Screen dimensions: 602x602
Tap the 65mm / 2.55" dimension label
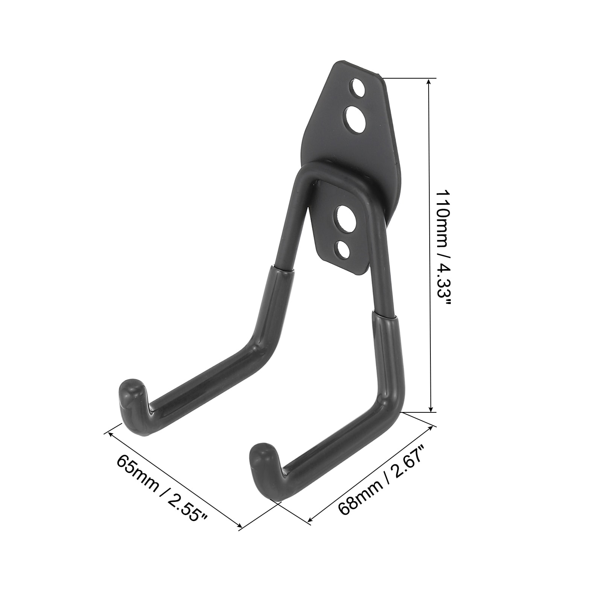point(162,488)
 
